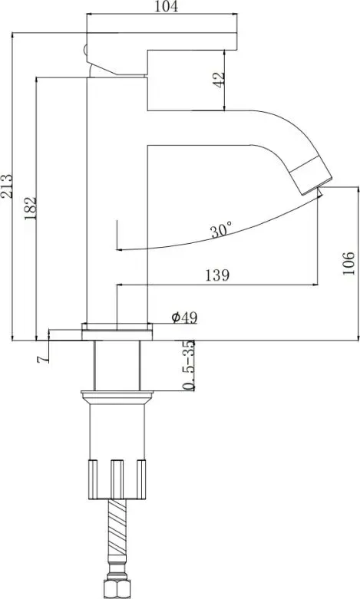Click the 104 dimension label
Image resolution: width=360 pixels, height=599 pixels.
(x=166, y=6)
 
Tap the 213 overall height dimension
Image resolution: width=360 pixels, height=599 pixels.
(x=6, y=186)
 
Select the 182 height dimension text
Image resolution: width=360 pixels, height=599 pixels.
(x=30, y=208)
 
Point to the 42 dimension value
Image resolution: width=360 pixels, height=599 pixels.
(x=219, y=80)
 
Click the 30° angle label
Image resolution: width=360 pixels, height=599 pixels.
(x=221, y=230)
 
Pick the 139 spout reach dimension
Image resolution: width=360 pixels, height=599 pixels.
(x=217, y=275)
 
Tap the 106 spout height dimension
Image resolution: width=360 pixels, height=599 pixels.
(x=348, y=263)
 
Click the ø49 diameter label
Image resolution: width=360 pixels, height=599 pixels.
(x=184, y=317)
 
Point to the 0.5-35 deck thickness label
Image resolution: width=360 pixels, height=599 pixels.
(x=188, y=366)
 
